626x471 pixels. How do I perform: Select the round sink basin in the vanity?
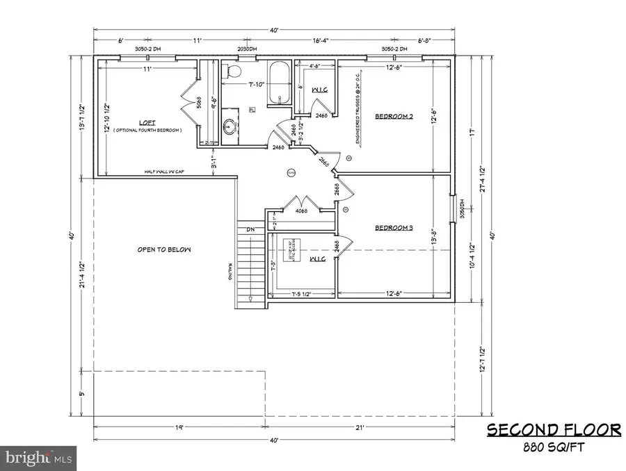point(231,126)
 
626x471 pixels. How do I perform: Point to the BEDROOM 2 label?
point(394,117)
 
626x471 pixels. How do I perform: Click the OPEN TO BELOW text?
point(164,249)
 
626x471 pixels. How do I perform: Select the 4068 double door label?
point(301,211)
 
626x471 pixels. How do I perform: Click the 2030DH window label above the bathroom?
point(247,49)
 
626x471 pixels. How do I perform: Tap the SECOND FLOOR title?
point(553,431)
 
